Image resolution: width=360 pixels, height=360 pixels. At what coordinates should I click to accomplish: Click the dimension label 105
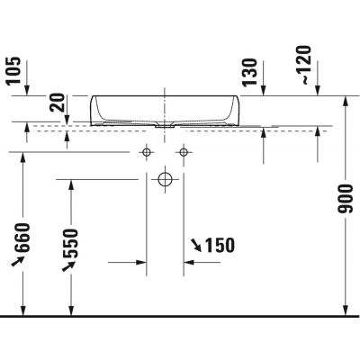(12, 69)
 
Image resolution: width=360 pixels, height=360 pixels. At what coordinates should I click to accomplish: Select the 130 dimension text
(249, 71)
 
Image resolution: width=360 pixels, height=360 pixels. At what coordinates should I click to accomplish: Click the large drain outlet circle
(166, 179)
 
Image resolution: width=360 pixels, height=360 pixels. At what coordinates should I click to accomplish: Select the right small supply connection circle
(184, 152)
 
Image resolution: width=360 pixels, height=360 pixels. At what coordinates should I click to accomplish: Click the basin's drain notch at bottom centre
(165, 127)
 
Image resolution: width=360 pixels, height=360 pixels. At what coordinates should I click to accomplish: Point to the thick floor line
(180, 317)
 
